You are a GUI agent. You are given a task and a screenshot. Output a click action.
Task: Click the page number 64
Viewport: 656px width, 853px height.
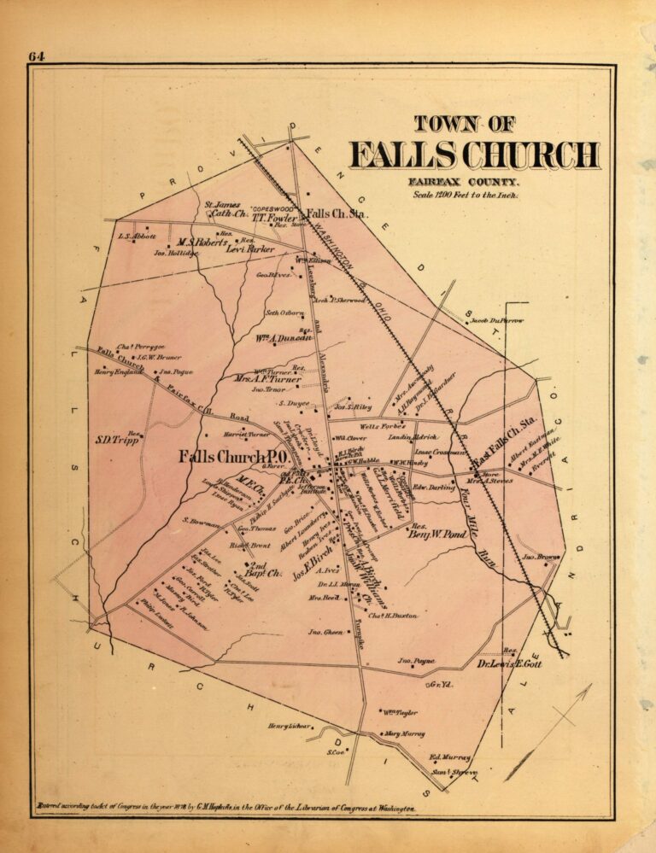tap(36, 57)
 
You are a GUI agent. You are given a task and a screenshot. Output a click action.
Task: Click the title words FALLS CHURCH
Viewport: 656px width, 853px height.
tap(474, 155)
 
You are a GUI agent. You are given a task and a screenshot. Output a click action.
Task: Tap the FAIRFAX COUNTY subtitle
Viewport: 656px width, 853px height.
tap(464, 181)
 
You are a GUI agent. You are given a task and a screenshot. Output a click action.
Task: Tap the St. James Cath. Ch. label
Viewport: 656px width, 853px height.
tap(224, 209)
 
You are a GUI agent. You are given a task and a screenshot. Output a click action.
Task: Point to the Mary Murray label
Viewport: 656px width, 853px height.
tap(404, 733)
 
